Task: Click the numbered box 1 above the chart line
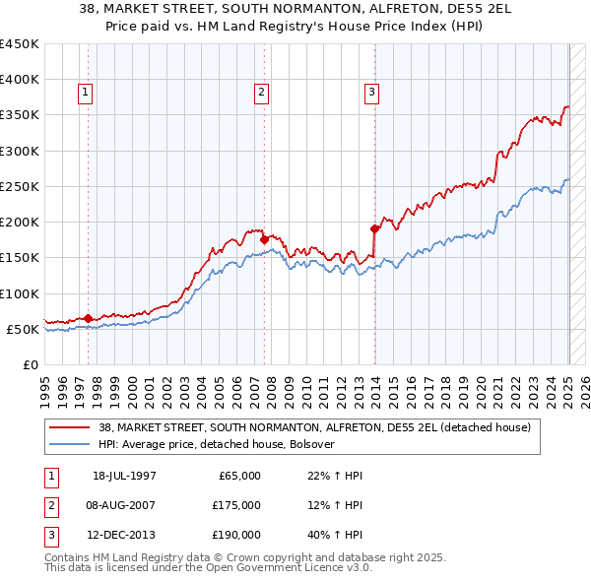point(87,94)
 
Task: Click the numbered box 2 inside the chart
point(262,94)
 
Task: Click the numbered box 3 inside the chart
point(372,94)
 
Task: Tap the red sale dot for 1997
point(88,318)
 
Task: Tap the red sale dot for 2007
point(264,239)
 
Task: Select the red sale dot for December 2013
point(375,228)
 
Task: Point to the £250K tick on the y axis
point(20,186)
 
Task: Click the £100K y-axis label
point(20,293)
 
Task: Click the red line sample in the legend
point(70,427)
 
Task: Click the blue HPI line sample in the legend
point(70,444)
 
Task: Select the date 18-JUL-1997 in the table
point(124,476)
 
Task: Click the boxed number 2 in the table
point(50,505)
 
